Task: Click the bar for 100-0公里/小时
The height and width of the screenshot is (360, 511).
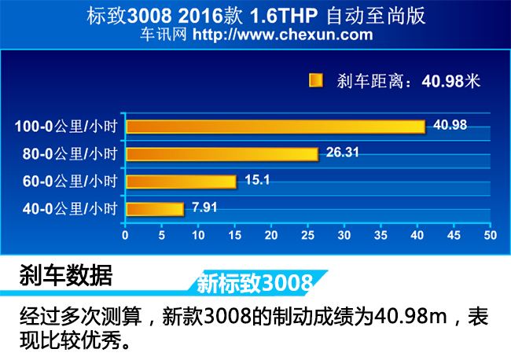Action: tap(275, 127)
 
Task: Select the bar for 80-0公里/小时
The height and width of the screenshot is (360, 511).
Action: tap(222, 154)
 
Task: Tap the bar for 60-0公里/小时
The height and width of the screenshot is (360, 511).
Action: tap(181, 182)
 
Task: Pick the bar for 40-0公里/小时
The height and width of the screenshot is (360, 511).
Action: tap(155, 209)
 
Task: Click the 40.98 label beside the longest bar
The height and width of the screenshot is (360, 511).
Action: tap(444, 124)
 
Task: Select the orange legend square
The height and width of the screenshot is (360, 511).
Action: tap(317, 79)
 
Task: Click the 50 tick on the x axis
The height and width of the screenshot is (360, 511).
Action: tap(489, 235)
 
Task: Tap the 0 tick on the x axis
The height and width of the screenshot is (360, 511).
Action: tap(126, 235)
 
